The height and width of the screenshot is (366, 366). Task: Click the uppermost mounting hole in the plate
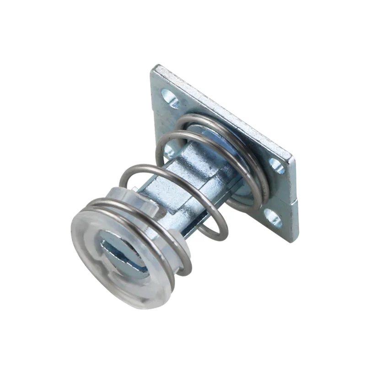[170, 98]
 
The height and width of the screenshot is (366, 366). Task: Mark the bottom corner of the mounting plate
[288, 242]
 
